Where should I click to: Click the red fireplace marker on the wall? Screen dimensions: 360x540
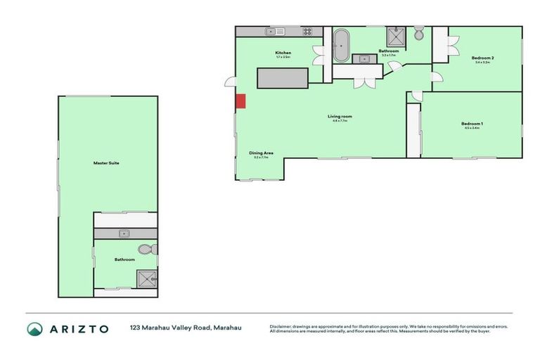coord(240,101)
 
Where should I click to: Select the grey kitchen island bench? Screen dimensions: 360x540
coord(283,77)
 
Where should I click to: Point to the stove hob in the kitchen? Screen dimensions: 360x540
coord(307,32)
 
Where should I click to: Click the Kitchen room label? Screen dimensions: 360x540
coord(283,53)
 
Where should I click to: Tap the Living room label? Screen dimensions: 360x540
coord(340,116)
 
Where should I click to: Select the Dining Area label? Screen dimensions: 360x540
coord(261,153)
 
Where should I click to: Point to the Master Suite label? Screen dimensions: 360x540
coord(106,163)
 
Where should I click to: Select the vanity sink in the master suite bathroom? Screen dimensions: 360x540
coord(124,233)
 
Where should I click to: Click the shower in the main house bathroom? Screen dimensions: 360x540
coord(394,36)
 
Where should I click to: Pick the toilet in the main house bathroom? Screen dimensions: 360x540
coord(418,34)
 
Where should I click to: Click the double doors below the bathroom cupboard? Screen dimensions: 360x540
coord(364,82)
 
